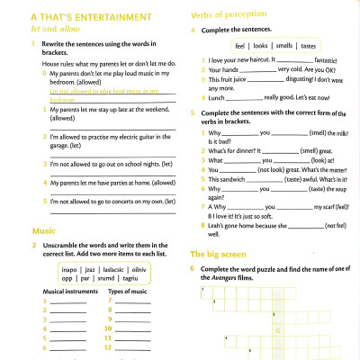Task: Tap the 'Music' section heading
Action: tap(43, 231)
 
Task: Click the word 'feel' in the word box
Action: tap(240, 45)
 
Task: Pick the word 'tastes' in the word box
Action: tap(308, 45)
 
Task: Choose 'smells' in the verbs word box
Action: tap(284, 45)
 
